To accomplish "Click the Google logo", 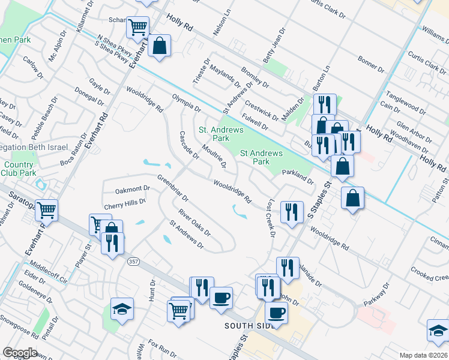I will point(20,353).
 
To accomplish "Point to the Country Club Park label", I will point(19,169).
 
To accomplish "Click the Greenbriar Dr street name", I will point(173,188).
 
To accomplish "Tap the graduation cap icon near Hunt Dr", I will point(122,308).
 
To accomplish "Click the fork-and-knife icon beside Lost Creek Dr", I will point(292,212).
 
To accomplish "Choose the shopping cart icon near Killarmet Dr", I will point(137,28).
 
